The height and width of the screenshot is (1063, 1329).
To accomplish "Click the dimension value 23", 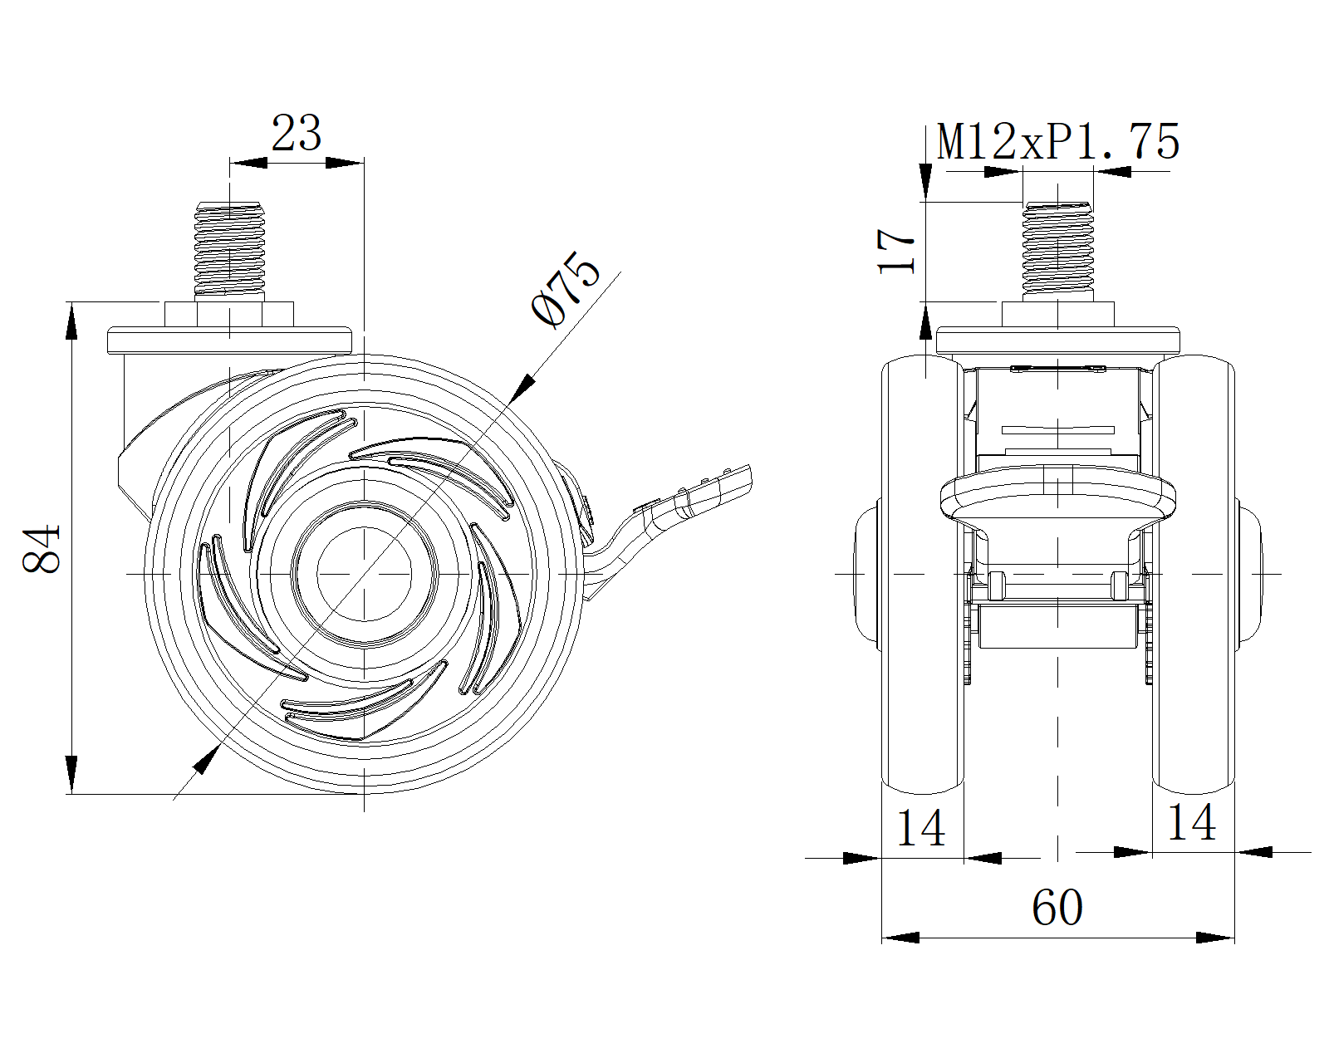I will click(297, 134).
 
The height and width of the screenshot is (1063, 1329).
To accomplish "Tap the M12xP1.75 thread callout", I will click(1058, 142).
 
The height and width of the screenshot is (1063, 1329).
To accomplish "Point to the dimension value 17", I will click(898, 251).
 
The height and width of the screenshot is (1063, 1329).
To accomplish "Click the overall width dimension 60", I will click(1057, 908).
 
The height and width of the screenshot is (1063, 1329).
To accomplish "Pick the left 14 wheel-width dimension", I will click(922, 827).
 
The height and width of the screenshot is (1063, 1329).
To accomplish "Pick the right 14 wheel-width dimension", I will click(1192, 822).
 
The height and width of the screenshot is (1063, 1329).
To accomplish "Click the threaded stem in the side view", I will click(228, 249).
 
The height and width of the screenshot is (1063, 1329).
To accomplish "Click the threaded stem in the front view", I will click(1057, 249).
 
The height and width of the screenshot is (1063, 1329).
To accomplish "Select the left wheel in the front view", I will click(922, 573).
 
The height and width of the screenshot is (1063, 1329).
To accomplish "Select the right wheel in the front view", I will click(1194, 573).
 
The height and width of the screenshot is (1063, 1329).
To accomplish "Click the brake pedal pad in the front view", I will click(1057, 498).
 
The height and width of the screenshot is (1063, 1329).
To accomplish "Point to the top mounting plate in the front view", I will click(1057, 340).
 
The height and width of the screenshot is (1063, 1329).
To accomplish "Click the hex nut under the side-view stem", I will click(228, 315).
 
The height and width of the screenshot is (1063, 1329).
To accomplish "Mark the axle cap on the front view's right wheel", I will click(1249, 573).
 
